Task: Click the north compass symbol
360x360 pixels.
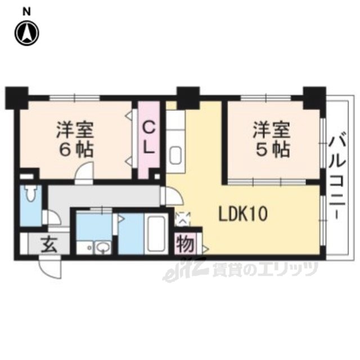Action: (x=27, y=33)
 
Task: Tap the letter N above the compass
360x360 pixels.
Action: (x=26, y=11)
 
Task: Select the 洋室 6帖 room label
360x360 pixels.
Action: (x=75, y=139)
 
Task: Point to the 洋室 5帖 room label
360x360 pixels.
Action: (x=271, y=139)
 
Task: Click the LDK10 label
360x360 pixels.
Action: (x=243, y=214)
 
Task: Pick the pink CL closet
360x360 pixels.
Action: (x=148, y=140)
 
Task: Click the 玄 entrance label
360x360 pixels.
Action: (x=49, y=244)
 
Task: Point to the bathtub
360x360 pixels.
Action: (x=156, y=234)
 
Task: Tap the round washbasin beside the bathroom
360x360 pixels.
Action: (x=103, y=247)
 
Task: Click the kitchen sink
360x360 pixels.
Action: (x=175, y=155)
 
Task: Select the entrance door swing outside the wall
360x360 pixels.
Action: (x=50, y=269)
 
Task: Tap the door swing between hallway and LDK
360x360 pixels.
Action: (x=174, y=196)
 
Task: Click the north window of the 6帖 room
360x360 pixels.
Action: (x=75, y=98)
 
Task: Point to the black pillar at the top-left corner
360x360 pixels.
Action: (x=17, y=98)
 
